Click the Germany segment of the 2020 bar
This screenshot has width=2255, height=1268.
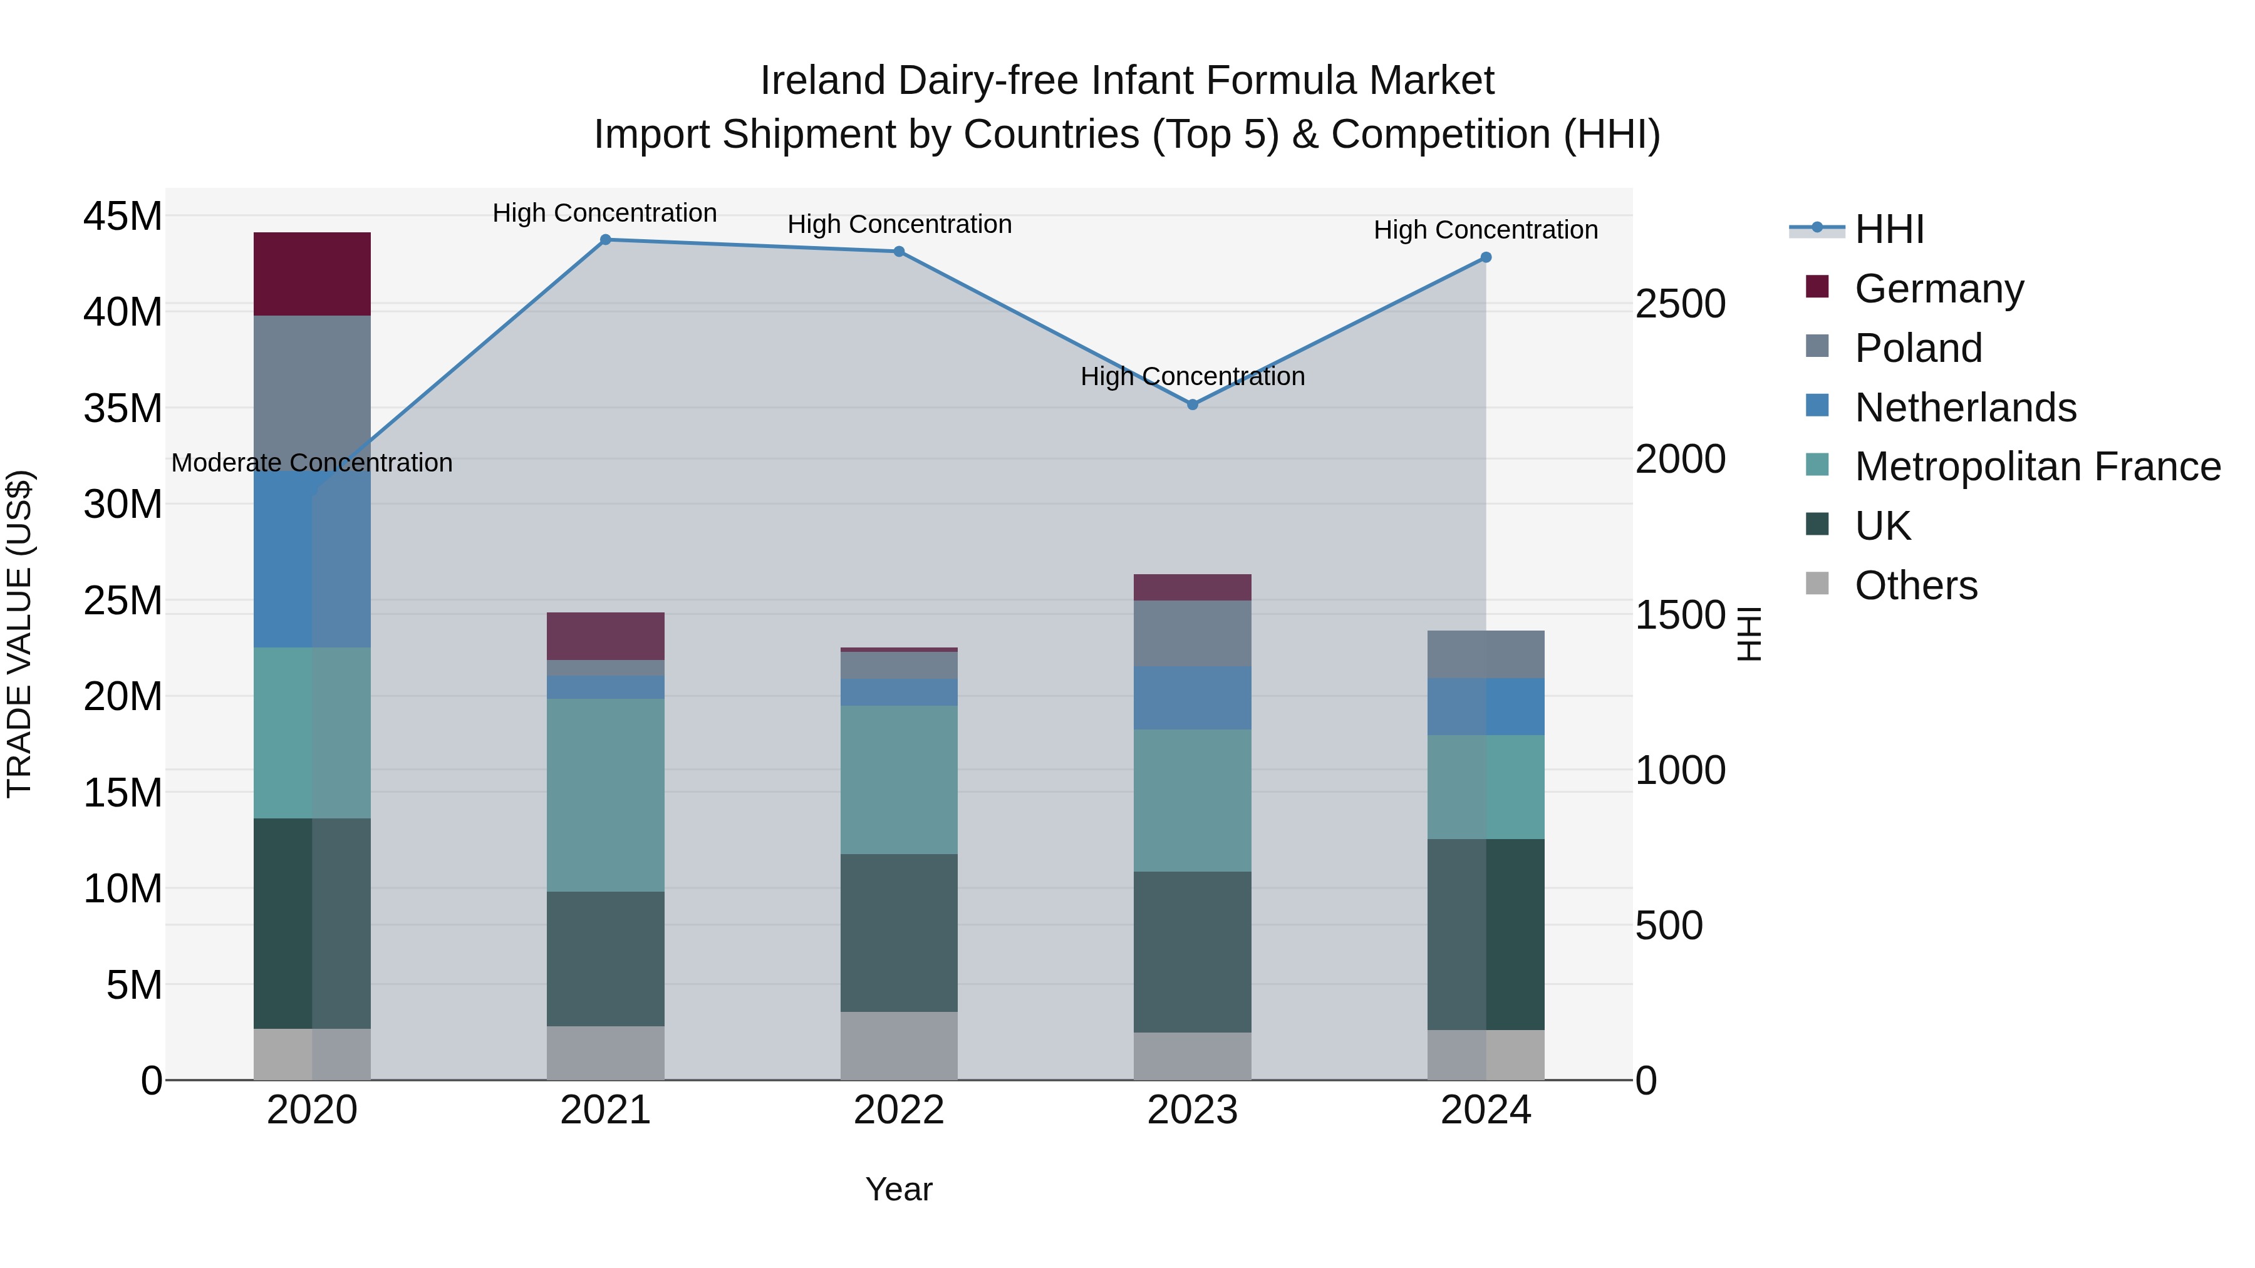(x=312, y=274)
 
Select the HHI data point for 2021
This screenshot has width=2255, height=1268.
(x=605, y=240)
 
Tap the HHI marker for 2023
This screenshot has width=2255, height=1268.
(x=1192, y=405)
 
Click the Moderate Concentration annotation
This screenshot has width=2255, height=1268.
(x=312, y=463)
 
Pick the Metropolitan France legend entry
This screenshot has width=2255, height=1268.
(x=2037, y=466)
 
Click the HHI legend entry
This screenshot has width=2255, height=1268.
(x=1889, y=229)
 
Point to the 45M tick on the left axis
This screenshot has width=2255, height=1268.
(x=123, y=216)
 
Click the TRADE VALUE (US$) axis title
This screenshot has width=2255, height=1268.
(x=19, y=634)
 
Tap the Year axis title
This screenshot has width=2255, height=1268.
(x=898, y=1189)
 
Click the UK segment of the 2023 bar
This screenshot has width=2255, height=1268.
(x=1192, y=951)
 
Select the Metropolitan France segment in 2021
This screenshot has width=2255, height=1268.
(x=605, y=795)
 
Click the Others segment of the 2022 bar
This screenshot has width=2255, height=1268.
(x=898, y=1046)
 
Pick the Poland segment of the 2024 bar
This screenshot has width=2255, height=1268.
(x=1486, y=654)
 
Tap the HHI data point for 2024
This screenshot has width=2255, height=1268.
(x=1486, y=257)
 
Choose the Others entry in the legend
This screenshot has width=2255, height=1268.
(x=1915, y=585)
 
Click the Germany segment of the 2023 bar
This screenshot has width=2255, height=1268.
(x=1192, y=587)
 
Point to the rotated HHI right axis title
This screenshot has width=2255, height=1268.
(x=1748, y=634)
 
